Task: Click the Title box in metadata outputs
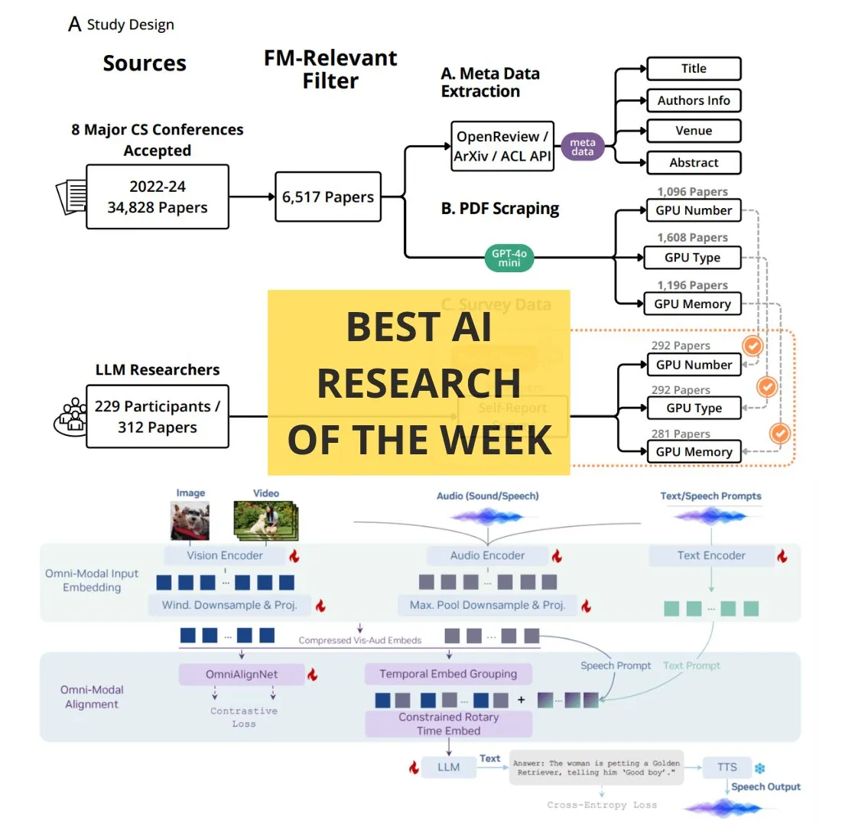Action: (x=694, y=69)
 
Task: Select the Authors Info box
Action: (x=694, y=100)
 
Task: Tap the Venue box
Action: (x=694, y=131)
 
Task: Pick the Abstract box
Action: (x=694, y=162)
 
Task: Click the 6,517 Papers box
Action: (x=328, y=197)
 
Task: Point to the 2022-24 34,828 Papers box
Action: (x=158, y=197)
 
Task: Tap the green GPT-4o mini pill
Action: (x=509, y=257)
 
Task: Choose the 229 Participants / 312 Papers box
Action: (x=158, y=417)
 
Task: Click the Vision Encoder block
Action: (x=224, y=556)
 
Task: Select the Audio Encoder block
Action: (x=487, y=556)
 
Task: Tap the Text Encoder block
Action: (x=710, y=556)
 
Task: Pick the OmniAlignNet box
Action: (x=241, y=675)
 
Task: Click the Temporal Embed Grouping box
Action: (x=448, y=675)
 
